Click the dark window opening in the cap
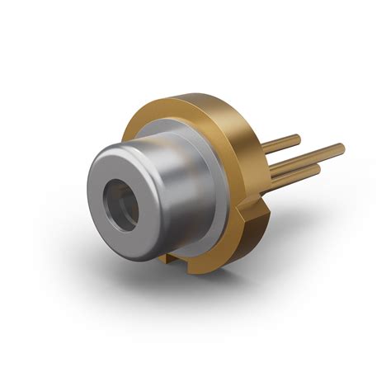(120, 200)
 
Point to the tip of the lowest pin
(318, 168)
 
